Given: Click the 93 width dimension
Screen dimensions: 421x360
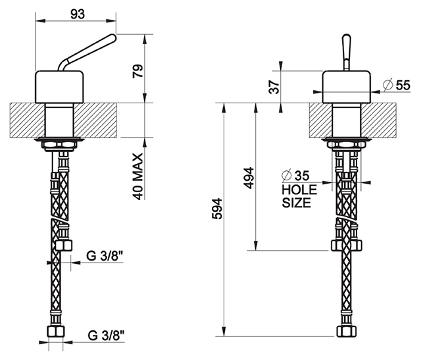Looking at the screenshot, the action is pos(78,14).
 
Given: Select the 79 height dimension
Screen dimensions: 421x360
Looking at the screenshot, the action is pos(138,71).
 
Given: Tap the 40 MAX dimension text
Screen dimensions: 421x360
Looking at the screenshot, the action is pos(138,176).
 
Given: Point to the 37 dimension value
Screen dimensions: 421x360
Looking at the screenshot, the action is pos(274,86).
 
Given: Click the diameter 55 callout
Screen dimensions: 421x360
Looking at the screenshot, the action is pos(397,85).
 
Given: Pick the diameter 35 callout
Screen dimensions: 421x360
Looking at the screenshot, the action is pos(295,176).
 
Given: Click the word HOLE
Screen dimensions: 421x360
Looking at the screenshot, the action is pos(299,190).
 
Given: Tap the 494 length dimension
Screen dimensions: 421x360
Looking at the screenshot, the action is pos(249,178).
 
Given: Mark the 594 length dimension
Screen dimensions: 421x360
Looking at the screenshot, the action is pos(217,209).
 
